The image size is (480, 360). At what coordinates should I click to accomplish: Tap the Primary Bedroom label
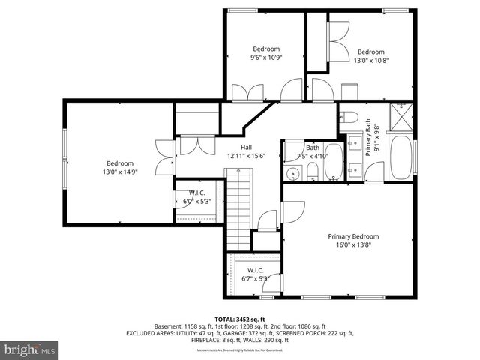tap(353, 235)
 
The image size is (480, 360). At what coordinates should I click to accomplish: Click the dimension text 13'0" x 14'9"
tap(120, 172)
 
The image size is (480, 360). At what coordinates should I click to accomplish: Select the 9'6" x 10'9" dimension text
tap(265, 57)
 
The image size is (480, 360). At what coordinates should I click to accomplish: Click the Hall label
tap(246, 147)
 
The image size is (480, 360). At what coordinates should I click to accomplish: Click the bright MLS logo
tap(30, 349)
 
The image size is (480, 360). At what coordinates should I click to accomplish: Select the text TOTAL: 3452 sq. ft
tap(239, 319)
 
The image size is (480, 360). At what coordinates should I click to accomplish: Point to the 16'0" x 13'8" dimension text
tap(353, 244)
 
